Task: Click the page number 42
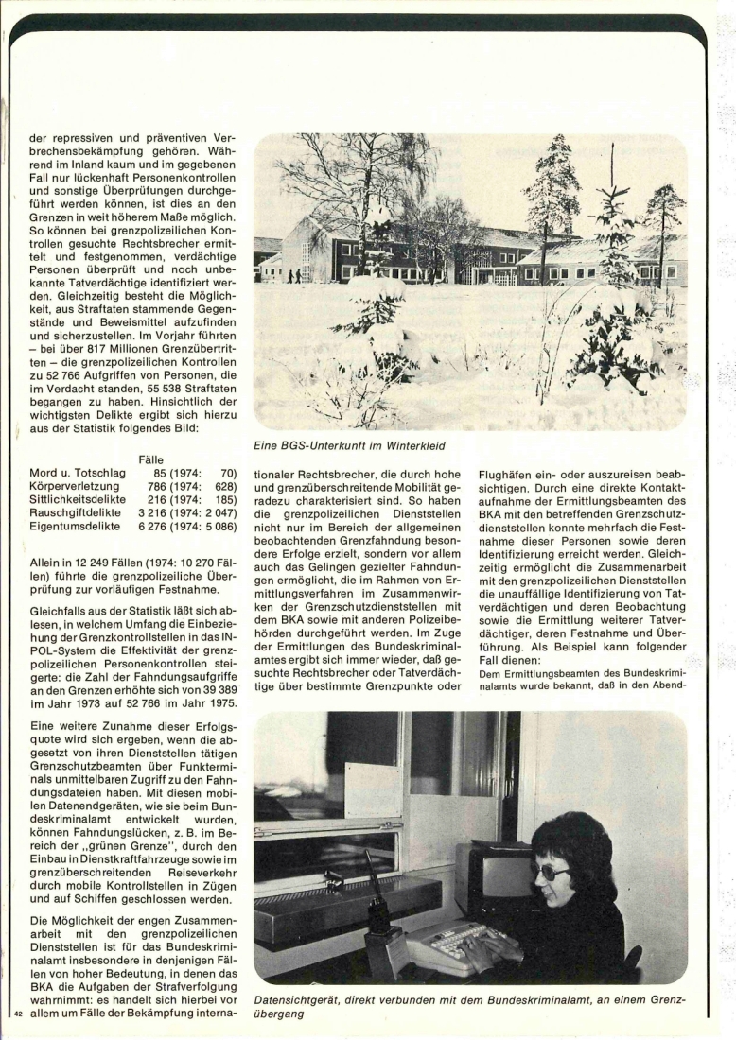click(17, 1014)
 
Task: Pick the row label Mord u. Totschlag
click(77, 472)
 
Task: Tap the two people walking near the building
click(294, 275)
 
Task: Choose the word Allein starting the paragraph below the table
click(48, 564)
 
